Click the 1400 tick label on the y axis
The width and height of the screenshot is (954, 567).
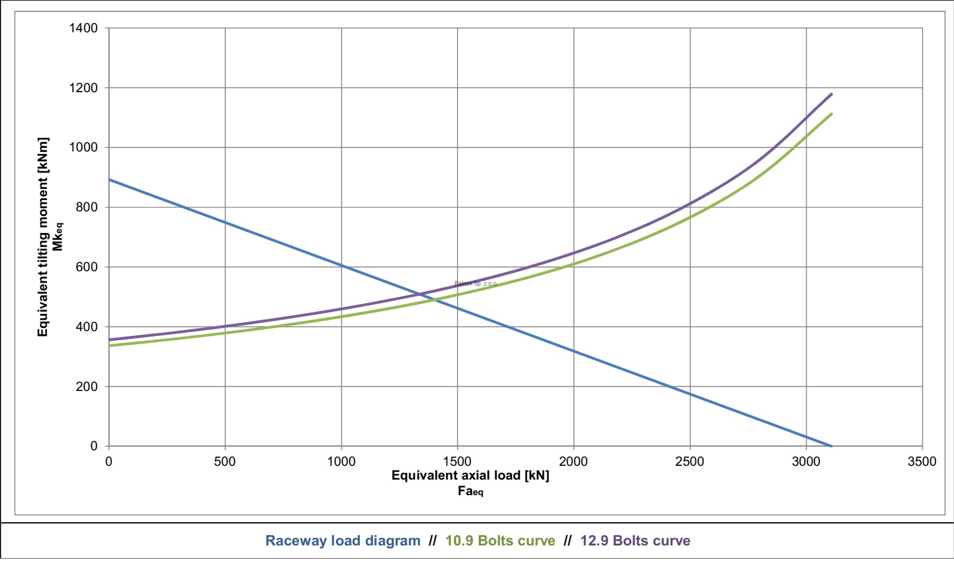click(x=83, y=28)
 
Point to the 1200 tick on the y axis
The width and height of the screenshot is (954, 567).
click(x=83, y=88)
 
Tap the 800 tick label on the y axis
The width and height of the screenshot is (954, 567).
click(x=86, y=207)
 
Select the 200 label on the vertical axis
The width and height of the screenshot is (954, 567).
click(x=86, y=387)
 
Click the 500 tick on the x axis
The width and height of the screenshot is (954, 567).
click(x=225, y=462)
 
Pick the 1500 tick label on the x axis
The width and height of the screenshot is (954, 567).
click(x=458, y=462)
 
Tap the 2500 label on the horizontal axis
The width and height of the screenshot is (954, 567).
click(x=690, y=462)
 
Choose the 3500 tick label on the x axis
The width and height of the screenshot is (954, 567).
click(x=922, y=462)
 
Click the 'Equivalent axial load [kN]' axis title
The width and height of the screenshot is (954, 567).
click(x=470, y=475)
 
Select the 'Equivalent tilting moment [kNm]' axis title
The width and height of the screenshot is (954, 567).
click(x=43, y=237)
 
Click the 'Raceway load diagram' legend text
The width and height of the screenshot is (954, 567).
click(x=343, y=541)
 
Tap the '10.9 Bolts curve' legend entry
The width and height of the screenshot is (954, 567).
click(x=500, y=541)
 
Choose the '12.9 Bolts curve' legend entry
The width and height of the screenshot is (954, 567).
click(x=635, y=541)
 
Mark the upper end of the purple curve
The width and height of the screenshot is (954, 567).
click(x=831, y=94)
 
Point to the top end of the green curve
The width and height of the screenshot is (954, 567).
click(x=831, y=114)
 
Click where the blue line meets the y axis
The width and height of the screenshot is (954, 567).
click(x=109, y=180)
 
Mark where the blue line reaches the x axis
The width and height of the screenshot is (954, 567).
click(x=831, y=446)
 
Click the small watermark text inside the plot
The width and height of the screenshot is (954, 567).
click(x=476, y=283)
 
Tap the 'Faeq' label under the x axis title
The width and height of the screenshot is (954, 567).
click(x=470, y=492)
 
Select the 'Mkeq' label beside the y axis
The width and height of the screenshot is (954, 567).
click(x=57, y=237)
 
